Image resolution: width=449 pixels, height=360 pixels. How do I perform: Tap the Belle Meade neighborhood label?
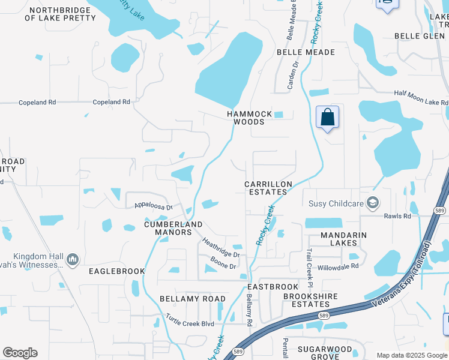point(306,52)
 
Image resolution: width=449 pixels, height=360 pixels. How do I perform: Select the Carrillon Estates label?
point(268,188)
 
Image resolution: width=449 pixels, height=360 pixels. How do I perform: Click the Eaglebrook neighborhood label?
point(117,271)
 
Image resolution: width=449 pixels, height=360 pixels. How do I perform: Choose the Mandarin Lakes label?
point(347,239)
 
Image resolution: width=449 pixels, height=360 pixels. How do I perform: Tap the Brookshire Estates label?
point(310,300)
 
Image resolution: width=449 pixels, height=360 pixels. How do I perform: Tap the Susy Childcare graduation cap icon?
point(373,203)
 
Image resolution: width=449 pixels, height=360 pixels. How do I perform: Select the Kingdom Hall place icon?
point(73,259)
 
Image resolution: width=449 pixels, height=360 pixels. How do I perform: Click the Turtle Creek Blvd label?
point(190,323)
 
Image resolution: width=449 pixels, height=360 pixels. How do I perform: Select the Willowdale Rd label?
point(338,266)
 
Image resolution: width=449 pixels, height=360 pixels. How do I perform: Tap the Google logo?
point(20,353)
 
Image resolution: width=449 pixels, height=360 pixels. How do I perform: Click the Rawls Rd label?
point(398,216)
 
